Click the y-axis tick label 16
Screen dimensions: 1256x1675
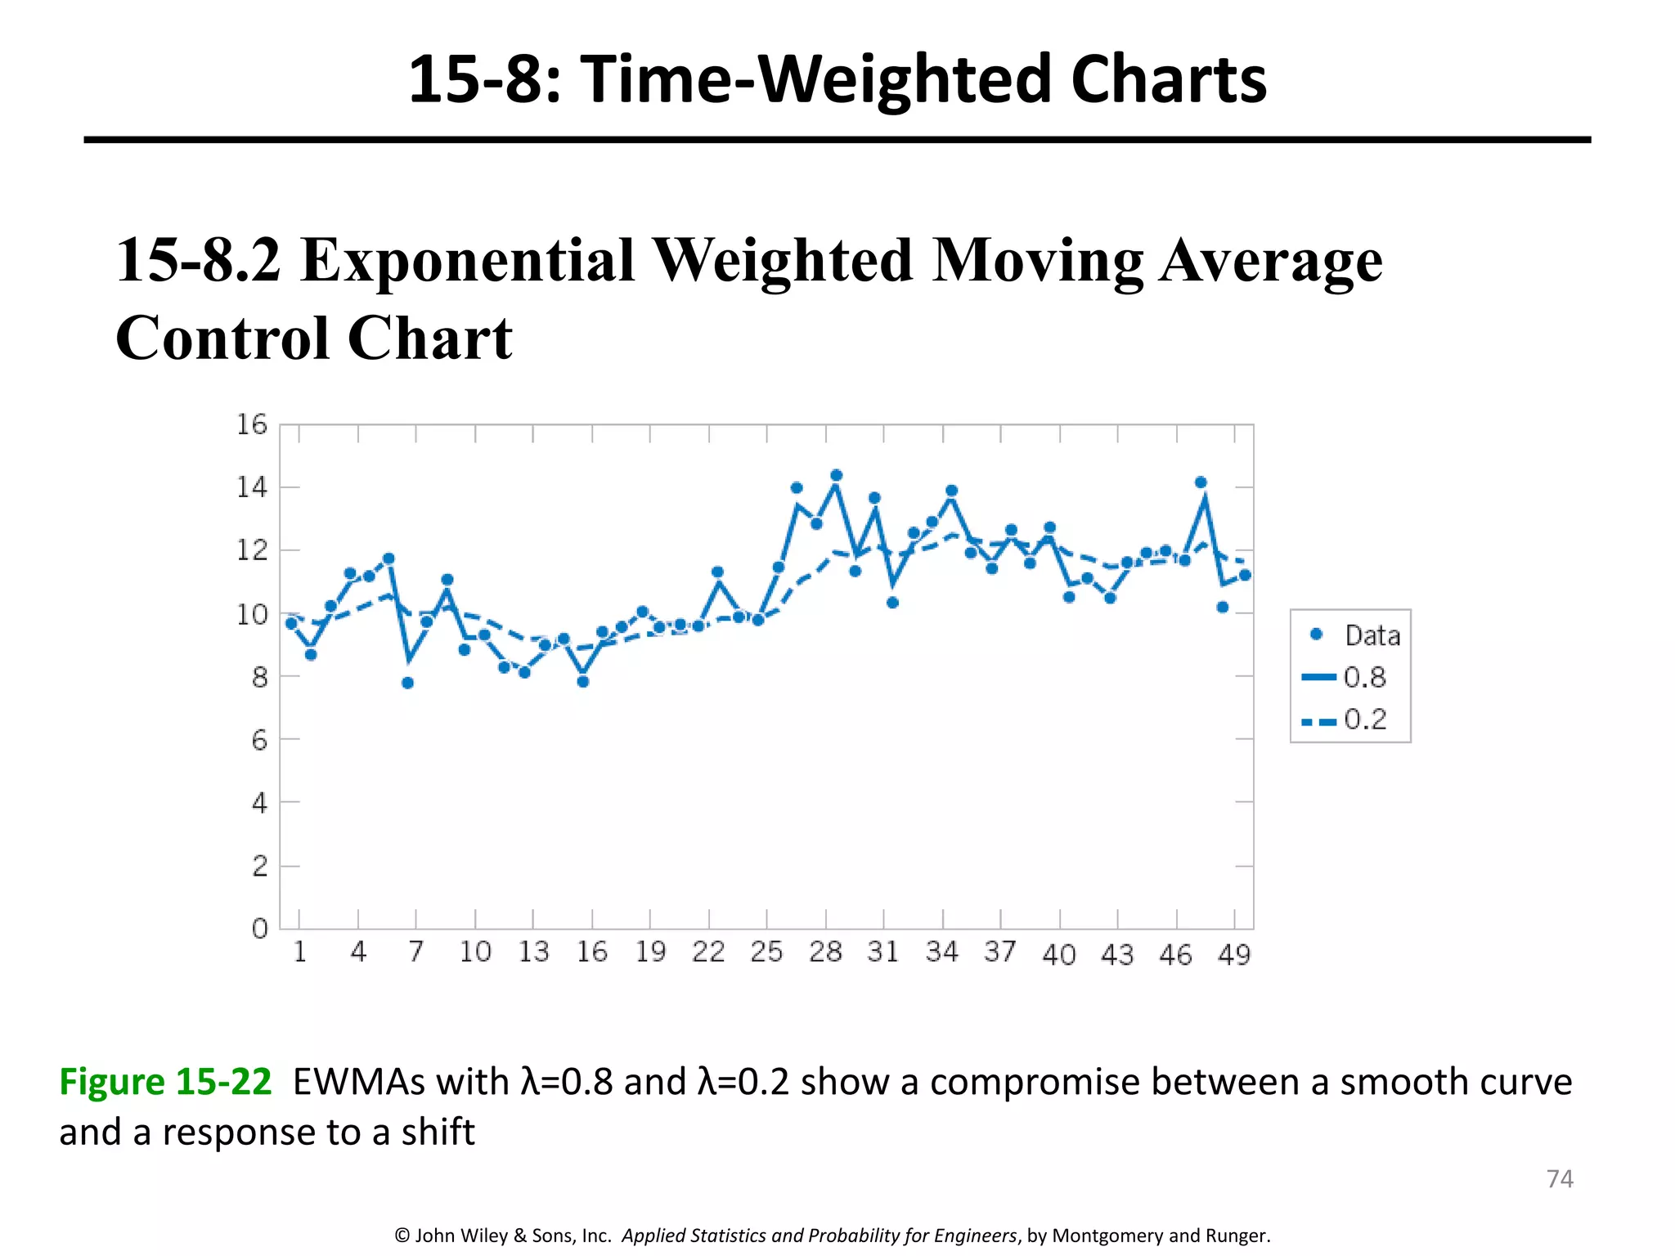coord(252,424)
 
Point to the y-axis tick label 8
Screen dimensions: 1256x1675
coord(259,677)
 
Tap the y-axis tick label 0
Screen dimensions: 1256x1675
coord(259,929)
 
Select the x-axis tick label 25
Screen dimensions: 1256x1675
coord(766,952)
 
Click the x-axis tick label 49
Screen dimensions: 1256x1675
coord(1234,954)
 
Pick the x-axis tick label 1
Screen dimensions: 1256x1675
coord(299,952)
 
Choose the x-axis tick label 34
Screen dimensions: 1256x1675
coord(941,952)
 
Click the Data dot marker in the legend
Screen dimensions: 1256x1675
coord(1317,635)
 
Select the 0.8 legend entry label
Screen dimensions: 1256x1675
coord(1365,677)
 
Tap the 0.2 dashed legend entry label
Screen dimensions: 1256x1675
coord(1365,720)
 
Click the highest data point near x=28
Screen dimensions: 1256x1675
coord(836,475)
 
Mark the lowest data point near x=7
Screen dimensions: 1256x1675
coord(408,683)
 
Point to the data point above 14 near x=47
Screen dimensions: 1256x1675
coord(1201,482)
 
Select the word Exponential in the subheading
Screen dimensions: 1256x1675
coord(467,260)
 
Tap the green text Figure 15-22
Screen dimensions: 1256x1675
coord(165,1082)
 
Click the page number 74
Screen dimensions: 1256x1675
coord(1560,1178)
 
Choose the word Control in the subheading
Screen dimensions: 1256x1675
coord(222,338)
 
